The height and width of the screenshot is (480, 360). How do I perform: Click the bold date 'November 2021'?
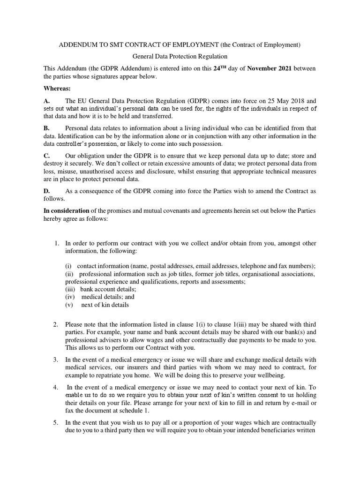(269, 68)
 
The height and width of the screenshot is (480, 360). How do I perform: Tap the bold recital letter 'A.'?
(46, 100)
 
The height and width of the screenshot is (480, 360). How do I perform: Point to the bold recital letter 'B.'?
(46, 128)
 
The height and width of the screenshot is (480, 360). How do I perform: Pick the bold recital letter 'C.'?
(46, 156)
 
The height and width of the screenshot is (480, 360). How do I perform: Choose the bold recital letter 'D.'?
(46, 191)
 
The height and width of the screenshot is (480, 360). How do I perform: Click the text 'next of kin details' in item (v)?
(105, 304)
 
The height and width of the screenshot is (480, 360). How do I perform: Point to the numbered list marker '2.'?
(56, 324)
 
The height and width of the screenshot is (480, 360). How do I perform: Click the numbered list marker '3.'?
(56, 360)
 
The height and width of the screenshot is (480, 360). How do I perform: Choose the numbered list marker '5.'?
(56, 422)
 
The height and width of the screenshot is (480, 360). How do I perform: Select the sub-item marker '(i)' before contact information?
(68, 266)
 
